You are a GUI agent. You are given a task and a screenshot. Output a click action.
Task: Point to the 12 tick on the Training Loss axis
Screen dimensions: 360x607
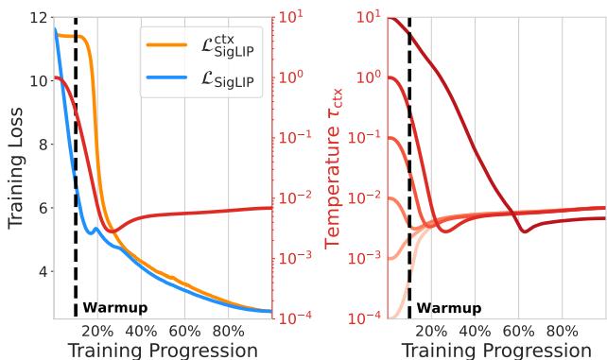pyautogui.click(x=38, y=18)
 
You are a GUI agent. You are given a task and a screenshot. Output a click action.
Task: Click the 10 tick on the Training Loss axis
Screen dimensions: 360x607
pyautogui.click(x=38, y=81)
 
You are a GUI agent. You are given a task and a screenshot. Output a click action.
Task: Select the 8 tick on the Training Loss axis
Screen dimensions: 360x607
pyautogui.click(x=43, y=145)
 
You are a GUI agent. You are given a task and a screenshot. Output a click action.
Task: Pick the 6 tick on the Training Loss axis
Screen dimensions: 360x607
pyautogui.click(x=43, y=208)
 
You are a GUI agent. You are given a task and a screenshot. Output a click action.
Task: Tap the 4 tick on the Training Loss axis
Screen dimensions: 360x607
pyautogui.click(x=43, y=272)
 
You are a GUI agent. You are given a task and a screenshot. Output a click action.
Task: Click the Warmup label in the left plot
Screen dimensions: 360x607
pyautogui.click(x=115, y=308)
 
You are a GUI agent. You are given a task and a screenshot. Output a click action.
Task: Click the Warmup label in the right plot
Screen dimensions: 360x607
pyautogui.click(x=449, y=308)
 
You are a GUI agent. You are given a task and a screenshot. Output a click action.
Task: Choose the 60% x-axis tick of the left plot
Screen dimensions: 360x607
pyautogui.click(x=184, y=332)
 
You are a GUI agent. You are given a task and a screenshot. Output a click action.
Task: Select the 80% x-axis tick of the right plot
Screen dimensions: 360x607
pyautogui.click(x=562, y=332)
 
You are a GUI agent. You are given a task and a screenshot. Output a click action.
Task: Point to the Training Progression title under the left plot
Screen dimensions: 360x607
pyautogui.click(x=163, y=350)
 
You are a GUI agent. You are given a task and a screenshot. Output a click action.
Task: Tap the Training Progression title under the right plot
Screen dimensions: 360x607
pyautogui.click(x=496, y=350)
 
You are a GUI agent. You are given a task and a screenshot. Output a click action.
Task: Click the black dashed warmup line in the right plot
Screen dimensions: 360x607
pyautogui.click(x=409, y=189)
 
